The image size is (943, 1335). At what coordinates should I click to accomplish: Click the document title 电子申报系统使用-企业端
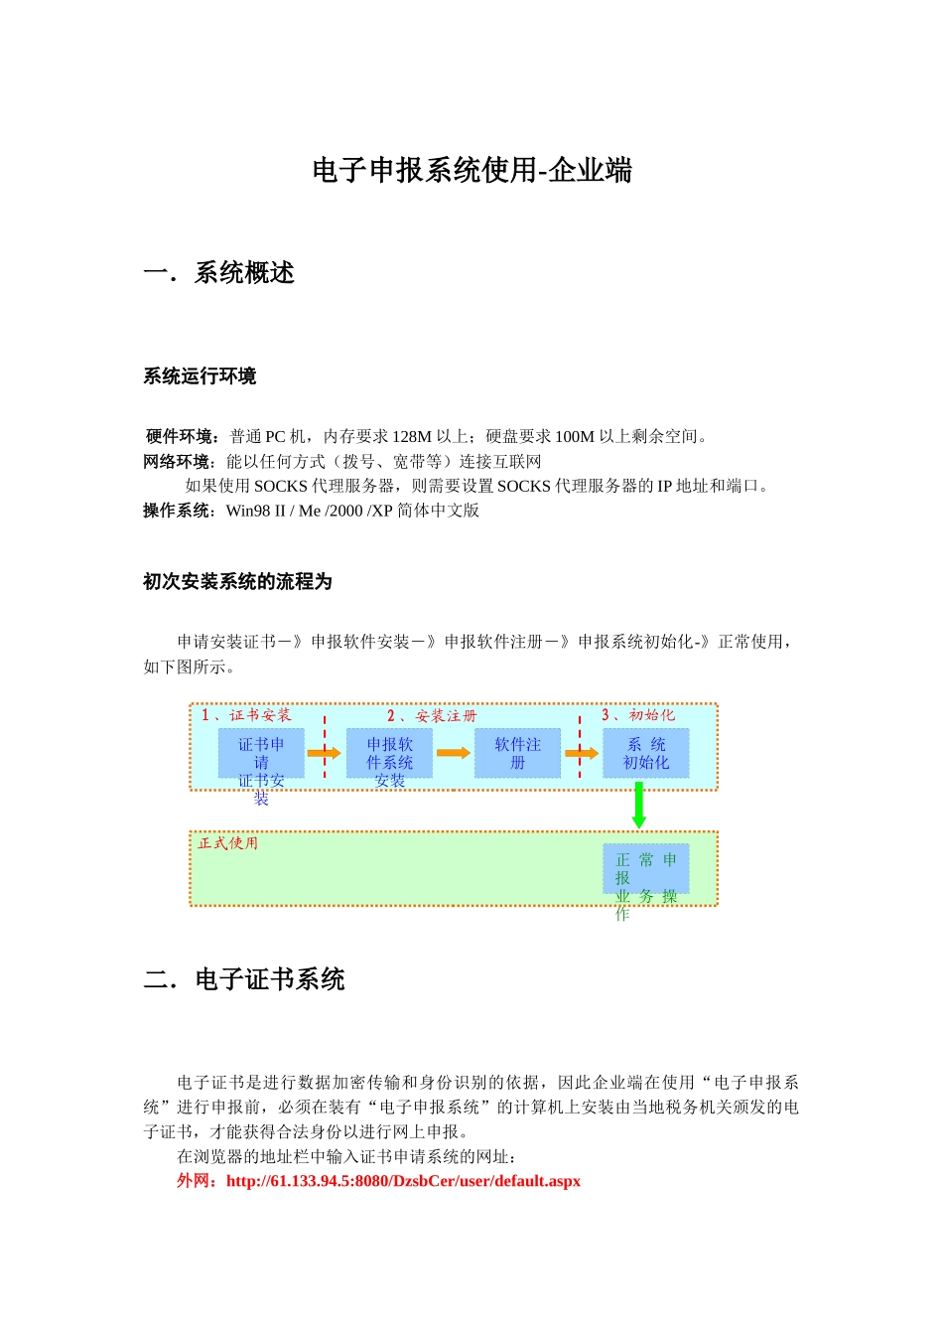(471, 171)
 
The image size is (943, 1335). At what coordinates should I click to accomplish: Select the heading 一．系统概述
(219, 273)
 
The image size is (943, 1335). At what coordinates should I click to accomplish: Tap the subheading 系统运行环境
(200, 376)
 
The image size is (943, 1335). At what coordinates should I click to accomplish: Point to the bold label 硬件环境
(183, 436)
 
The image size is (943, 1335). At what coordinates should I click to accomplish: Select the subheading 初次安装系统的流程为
(237, 582)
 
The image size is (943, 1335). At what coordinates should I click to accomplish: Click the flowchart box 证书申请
(261, 753)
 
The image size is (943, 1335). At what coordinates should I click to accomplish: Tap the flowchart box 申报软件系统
(389, 753)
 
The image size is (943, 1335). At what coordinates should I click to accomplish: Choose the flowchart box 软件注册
(517, 753)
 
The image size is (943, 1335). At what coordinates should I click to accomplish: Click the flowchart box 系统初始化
(645, 753)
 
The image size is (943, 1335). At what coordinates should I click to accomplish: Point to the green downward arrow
(638, 806)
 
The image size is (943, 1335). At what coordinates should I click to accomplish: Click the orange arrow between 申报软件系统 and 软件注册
(454, 753)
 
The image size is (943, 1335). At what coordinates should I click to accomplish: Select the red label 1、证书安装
(246, 715)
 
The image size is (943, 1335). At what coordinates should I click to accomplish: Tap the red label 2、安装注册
(432, 715)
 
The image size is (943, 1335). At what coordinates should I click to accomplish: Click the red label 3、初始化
(638, 715)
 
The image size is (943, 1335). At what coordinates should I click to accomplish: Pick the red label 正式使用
(228, 843)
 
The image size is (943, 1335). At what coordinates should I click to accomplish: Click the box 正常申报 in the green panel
(645, 869)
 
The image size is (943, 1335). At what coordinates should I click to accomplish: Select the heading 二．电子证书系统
(244, 980)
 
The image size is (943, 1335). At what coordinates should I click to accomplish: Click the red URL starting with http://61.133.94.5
(403, 1181)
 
